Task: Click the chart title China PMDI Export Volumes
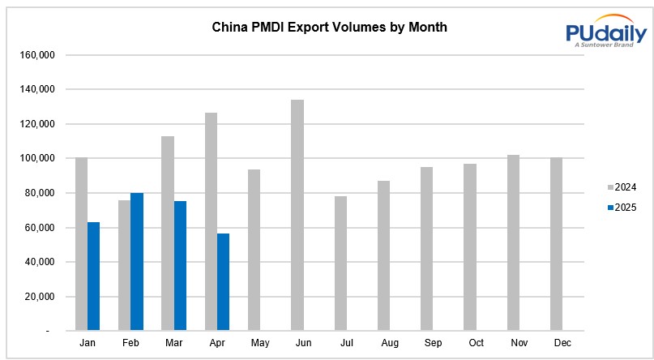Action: coord(329,28)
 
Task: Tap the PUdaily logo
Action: coord(605,32)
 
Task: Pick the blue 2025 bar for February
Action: coord(137,261)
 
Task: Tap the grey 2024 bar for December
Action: coord(556,244)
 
